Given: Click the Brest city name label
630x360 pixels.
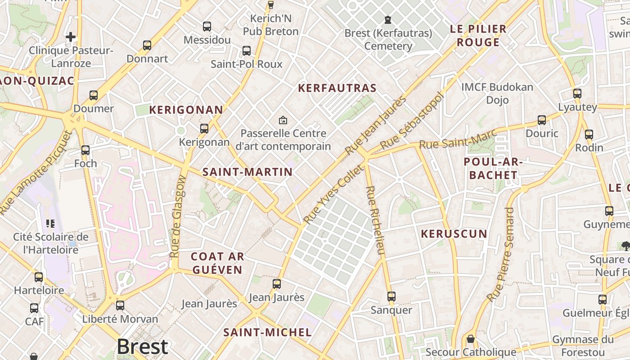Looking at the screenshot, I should (x=142, y=346).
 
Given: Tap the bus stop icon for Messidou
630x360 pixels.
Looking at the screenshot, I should (x=207, y=27).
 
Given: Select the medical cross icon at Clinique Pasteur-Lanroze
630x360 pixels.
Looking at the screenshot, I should (x=71, y=37).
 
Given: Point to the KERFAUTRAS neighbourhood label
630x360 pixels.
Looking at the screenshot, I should (x=337, y=88).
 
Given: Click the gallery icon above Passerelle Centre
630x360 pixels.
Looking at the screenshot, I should (x=283, y=120).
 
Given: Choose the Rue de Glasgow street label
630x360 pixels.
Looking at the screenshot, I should (x=178, y=216).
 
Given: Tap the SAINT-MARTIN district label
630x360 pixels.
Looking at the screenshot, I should (x=247, y=172).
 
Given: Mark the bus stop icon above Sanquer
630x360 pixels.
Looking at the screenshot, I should (x=391, y=297).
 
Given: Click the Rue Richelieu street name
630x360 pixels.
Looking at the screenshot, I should (x=375, y=220).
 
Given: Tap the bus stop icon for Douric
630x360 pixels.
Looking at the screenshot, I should (x=542, y=120).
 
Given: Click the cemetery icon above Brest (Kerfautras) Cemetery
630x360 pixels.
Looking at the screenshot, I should (x=388, y=20).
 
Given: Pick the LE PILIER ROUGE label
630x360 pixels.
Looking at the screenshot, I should (x=478, y=36).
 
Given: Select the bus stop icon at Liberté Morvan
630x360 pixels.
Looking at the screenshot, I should (x=120, y=306).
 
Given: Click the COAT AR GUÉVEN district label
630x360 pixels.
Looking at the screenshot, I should (x=217, y=263).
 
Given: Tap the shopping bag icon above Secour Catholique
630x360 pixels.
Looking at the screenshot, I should (x=471, y=338).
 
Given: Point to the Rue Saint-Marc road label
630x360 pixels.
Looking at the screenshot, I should (x=458, y=139).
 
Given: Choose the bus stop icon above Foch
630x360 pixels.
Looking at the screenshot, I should (x=85, y=150).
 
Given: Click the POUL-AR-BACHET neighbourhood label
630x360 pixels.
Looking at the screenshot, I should (x=493, y=168).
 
